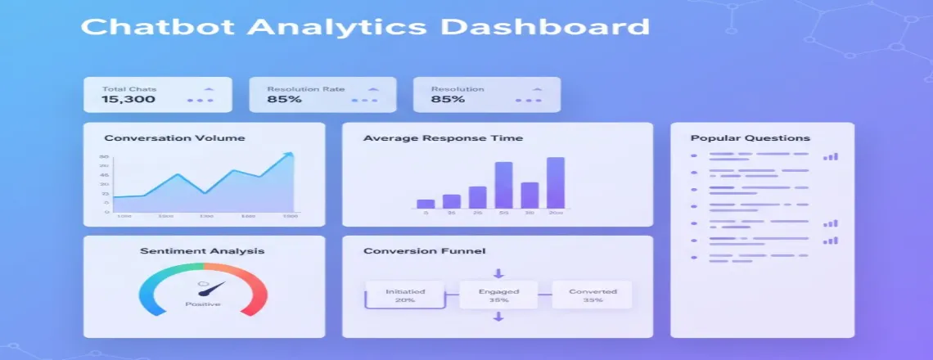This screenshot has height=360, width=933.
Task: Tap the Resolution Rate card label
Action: coord(305,88)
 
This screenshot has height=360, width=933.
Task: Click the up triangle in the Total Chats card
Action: coord(209,88)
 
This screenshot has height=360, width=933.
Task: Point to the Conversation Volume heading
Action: coord(174,137)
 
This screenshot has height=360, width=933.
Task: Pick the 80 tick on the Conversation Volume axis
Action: coord(105,157)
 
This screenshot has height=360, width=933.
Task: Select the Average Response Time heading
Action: coord(443,137)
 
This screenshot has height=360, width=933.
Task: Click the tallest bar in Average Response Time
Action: coord(556,182)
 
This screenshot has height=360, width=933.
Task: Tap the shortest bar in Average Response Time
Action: coord(425,204)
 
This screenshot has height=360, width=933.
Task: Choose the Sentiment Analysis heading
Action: coord(202,250)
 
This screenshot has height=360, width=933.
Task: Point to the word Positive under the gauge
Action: coord(202,305)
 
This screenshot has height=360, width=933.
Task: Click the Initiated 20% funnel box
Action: coord(405,295)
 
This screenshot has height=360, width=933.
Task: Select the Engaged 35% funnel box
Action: coord(498,295)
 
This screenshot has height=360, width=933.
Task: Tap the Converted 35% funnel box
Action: coord(593,295)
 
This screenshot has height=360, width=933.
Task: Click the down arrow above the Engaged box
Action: coord(498,273)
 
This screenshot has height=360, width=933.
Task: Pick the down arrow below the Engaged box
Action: coord(498,317)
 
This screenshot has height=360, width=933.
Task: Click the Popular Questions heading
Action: coord(750,137)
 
